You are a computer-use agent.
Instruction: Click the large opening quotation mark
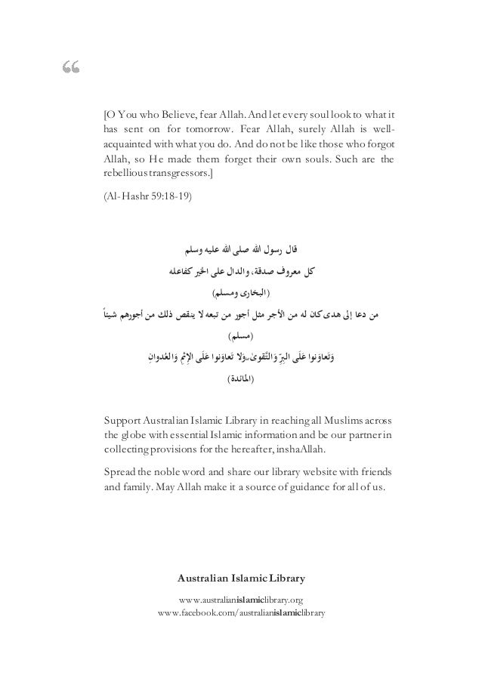(x=72, y=71)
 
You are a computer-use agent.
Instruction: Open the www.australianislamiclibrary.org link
(x=241, y=600)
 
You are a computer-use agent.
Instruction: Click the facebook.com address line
(x=241, y=613)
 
